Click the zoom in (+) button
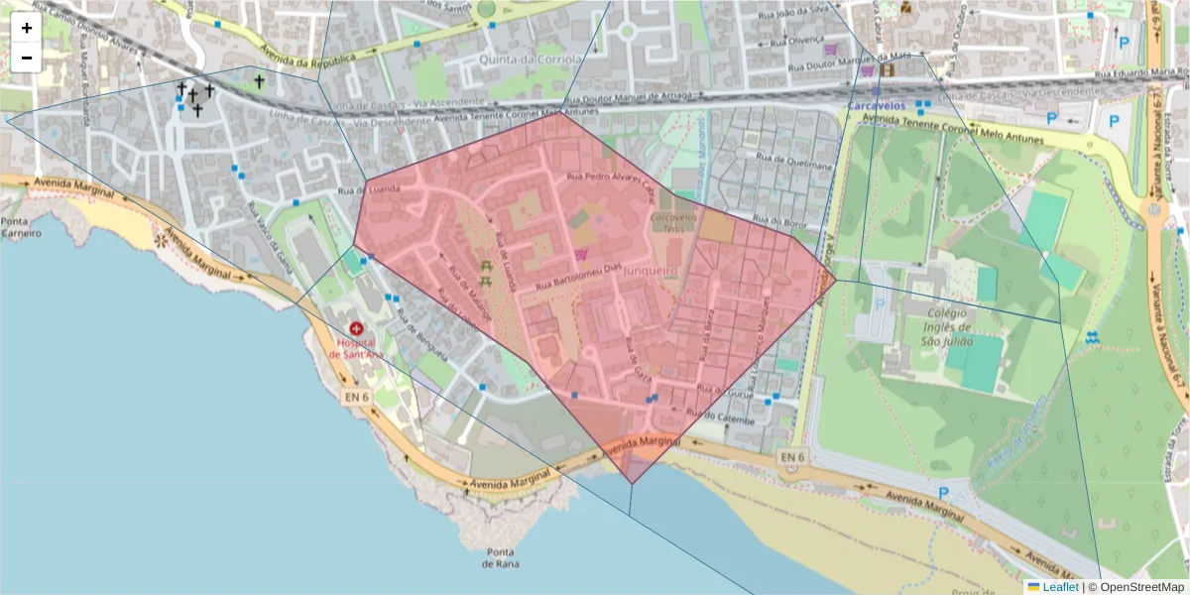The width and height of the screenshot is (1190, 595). (27, 28)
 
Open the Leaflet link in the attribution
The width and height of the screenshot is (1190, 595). (1053, 587)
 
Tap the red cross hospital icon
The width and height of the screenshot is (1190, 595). (356, 328)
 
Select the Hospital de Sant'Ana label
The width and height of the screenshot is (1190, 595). (356, 349)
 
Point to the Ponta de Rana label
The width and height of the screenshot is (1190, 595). (499, 558)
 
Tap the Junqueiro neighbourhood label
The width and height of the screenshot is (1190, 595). (649, 270)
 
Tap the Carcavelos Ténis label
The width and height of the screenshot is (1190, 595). (673, 221)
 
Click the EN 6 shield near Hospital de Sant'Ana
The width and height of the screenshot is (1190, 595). (358, 396)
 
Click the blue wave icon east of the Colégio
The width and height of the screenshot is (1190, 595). (1092, 337)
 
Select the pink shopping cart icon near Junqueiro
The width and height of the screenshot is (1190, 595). (580, 254)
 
